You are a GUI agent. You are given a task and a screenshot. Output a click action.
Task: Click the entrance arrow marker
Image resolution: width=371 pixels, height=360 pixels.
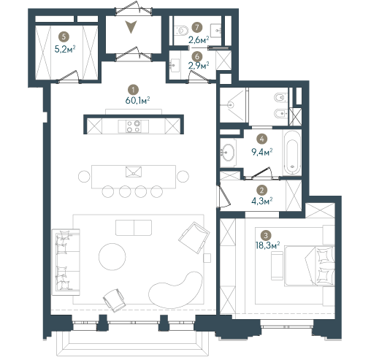[x=131, y=26]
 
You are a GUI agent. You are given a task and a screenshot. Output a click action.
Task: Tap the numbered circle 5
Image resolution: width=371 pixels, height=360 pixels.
[x=64, y=37]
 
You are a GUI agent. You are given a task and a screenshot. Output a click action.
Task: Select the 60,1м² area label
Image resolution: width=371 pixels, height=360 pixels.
[x=137, y=100]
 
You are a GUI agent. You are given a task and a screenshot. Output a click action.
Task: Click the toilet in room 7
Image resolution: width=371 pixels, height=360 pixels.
[x=181, y=31]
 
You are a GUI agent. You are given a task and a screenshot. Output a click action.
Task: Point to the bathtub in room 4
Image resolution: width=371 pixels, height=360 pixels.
[x=292, y=153]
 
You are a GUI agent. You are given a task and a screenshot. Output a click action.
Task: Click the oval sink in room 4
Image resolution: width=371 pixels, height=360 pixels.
[x=227, y=153]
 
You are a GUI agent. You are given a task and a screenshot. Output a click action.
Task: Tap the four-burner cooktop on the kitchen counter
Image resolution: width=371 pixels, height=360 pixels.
[x=134, y=126]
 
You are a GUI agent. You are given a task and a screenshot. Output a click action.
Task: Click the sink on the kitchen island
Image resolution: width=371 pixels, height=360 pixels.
[x=134, y=172]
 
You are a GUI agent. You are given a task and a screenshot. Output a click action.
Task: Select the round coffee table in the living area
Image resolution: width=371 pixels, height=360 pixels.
[x=112, y=256]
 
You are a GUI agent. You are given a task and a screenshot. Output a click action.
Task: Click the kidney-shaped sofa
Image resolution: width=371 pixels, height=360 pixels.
[x=176, y=291]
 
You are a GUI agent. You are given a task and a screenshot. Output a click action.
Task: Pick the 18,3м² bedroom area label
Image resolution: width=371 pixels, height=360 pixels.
[x=267, y=245]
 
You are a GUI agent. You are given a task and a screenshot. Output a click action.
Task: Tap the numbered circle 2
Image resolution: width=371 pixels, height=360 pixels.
[x=261, y=191]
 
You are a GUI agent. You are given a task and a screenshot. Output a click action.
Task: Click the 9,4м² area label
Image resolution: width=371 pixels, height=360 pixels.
[x=261, y=152]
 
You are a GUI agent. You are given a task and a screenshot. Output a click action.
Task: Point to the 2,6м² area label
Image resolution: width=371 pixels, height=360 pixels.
[x=199, y=39]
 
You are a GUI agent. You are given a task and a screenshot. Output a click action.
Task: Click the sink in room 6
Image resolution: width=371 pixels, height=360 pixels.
[x=175, y=65]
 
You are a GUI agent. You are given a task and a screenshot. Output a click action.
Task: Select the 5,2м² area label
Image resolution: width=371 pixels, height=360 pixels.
[x=65, y=49]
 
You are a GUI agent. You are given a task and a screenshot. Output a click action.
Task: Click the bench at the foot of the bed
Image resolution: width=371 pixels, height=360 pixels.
[x=277, y=266]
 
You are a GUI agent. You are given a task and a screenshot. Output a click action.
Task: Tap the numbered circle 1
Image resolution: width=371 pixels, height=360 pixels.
[x=133, y=90]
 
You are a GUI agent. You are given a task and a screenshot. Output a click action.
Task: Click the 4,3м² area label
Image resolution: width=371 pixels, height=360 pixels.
[x=261, y=201]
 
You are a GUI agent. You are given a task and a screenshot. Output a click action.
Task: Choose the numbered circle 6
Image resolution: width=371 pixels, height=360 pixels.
[x=197, y=56]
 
